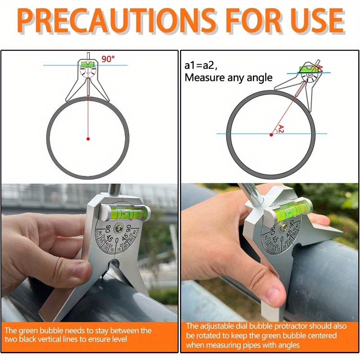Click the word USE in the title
[x=318, y=21]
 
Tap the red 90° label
[x=108, y=59]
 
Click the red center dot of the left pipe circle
[x=88, y=139]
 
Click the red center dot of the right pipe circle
[x=271, y=135]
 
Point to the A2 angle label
[x=281, y=129]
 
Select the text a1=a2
[x=201, y=66]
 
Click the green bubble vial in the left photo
[x=126, y=212]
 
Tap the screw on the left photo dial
[x=120, y=228]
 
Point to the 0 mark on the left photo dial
[x=117, y=241]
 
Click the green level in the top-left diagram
[x=87, y=63]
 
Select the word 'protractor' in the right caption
[x=290, y=326]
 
